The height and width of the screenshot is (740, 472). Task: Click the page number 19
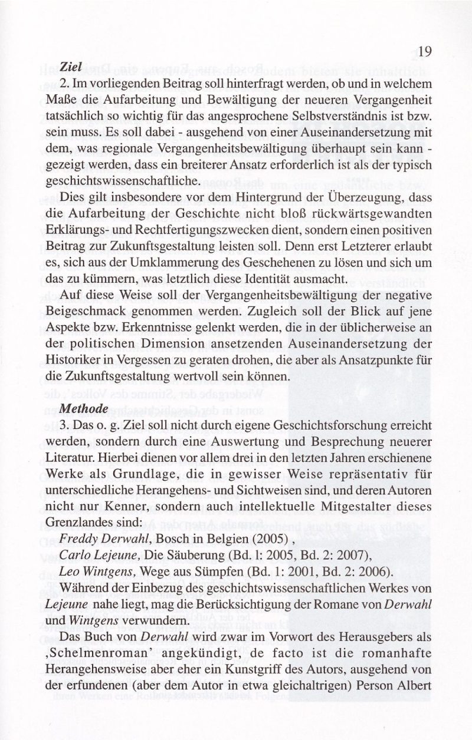click(425, 51)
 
